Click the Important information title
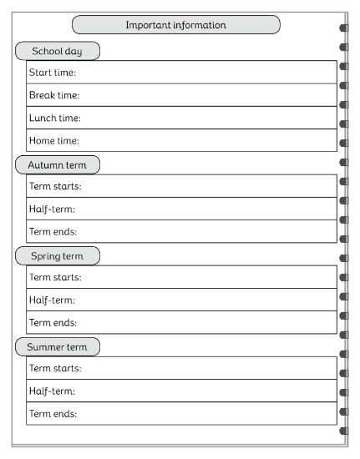[175, 25]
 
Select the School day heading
[57, 51]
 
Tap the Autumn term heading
[57, 164]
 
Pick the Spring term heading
[57, 255]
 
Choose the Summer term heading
[57, 346]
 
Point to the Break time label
[54, 95]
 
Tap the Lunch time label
[54, 118]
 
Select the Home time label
[53, 141]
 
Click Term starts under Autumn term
[55, 186]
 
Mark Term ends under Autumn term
[53, 231]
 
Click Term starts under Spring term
[55, 277]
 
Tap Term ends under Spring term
[53, 322]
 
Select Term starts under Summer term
[55, 368]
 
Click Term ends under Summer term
[53, 413]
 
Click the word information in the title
[199, 25]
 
